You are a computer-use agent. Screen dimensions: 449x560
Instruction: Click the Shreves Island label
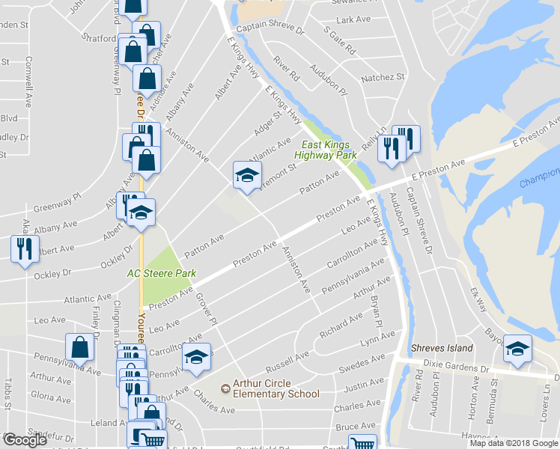pos(442,349)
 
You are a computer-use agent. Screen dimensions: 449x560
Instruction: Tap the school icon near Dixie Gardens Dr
pos(517,349)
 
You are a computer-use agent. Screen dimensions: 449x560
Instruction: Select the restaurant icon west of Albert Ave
pos(25,248)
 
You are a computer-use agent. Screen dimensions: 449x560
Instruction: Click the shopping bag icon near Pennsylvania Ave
pos(79,347)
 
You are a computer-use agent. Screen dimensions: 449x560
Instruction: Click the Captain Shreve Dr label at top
pos(270,31)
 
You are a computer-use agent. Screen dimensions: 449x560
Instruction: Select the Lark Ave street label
pos(354,19)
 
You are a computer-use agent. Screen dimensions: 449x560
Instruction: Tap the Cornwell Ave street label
pos(28,82)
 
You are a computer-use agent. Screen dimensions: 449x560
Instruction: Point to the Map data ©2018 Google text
pos(514,443)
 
